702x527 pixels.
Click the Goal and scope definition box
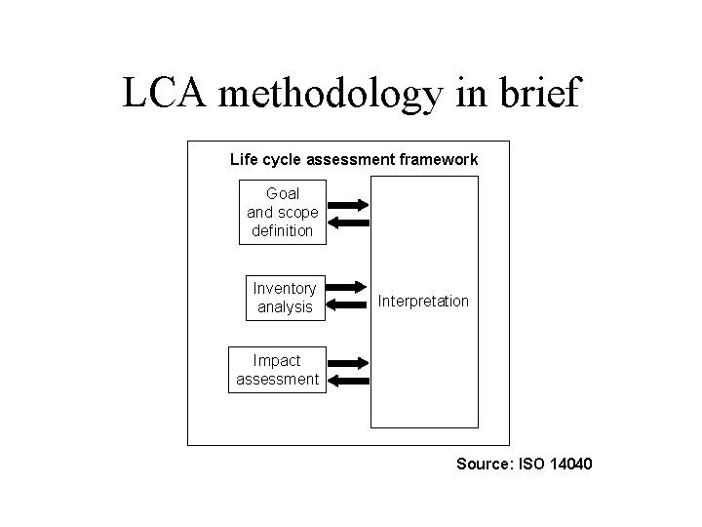click(282, 212)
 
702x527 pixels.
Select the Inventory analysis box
click(284, 298)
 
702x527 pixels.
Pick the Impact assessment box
click(277, 370)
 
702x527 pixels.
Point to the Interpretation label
click(423, 302)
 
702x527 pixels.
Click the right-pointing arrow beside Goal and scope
click(348, 205)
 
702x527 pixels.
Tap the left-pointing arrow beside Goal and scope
click(348, 223)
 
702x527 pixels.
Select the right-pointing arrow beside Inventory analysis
click(348, 290)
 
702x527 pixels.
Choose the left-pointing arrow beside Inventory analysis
click(348, 306)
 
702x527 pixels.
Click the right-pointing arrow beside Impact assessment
click(348, 362)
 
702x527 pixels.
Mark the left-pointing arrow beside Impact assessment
click(348, 380)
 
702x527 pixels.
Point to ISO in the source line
click(527, 464)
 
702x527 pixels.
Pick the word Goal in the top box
click(282, 194)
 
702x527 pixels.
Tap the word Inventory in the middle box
click(284, 289)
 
